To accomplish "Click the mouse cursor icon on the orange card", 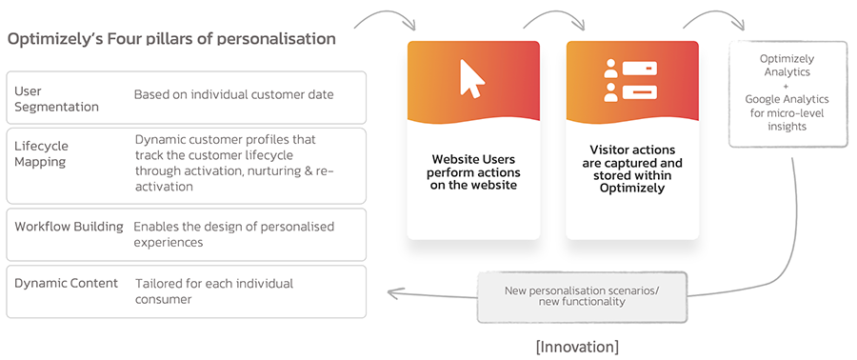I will pos(472,79).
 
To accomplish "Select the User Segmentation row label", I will pos(56,98).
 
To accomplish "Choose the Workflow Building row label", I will pos(69,227).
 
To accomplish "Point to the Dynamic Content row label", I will pos(66,283).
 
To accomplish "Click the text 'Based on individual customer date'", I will pos(233,94).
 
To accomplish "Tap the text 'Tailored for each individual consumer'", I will pos(213,290).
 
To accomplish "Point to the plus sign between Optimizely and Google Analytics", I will pos(787,85).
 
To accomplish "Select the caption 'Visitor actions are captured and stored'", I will pos(632,170).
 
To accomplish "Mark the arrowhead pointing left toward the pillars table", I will pos(389,293).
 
